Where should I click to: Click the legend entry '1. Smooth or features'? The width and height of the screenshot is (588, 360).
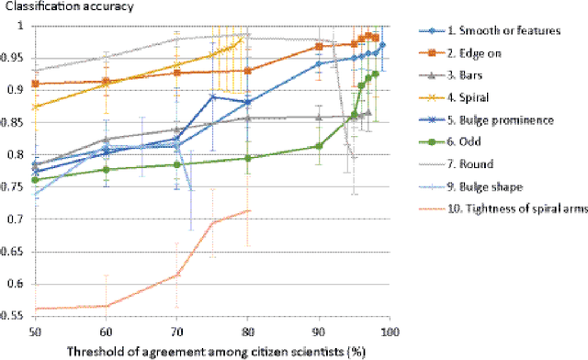503,30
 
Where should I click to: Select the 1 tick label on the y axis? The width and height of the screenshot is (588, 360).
24,26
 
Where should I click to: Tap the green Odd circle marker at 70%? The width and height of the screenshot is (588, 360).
176,164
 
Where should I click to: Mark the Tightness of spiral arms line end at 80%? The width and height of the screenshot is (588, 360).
247,210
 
